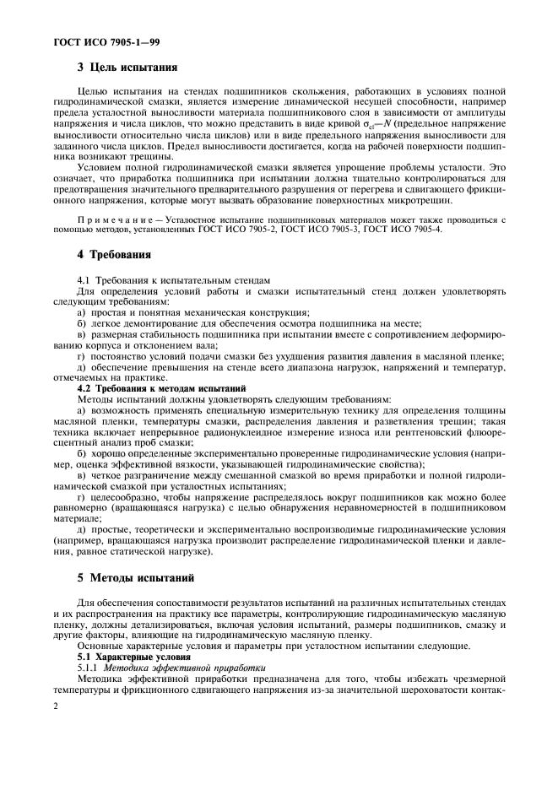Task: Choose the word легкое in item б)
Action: pyautogui.click(x=106, y=323)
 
